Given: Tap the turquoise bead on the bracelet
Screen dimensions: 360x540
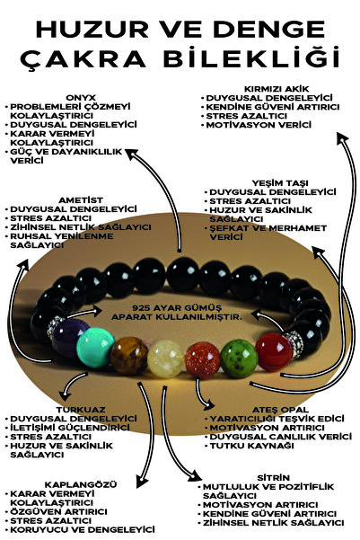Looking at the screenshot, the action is pos(95,347).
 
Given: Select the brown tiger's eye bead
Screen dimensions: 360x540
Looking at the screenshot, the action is pos(129,356).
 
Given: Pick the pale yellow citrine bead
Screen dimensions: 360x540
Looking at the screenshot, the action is pos(166,359).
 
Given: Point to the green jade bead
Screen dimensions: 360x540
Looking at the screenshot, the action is pos(239,359).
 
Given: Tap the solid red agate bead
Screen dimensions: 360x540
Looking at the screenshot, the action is pos(274,352).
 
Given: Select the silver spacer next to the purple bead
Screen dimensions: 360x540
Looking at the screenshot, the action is pos(54,328).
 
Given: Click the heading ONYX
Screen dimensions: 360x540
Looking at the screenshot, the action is pos(81,98).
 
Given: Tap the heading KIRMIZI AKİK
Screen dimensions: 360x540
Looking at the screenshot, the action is pos(277,89).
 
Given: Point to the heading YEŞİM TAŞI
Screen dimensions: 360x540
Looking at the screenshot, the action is pos(280,183).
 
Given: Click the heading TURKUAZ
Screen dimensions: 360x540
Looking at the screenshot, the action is pos(81,410).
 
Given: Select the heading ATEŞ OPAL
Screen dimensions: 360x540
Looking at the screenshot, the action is pos(280,410).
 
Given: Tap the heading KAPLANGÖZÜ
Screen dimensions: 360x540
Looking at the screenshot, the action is pos(81,484).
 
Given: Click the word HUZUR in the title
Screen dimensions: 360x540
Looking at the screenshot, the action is pos(92,29).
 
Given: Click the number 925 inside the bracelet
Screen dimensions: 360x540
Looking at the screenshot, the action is pos(141,308).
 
